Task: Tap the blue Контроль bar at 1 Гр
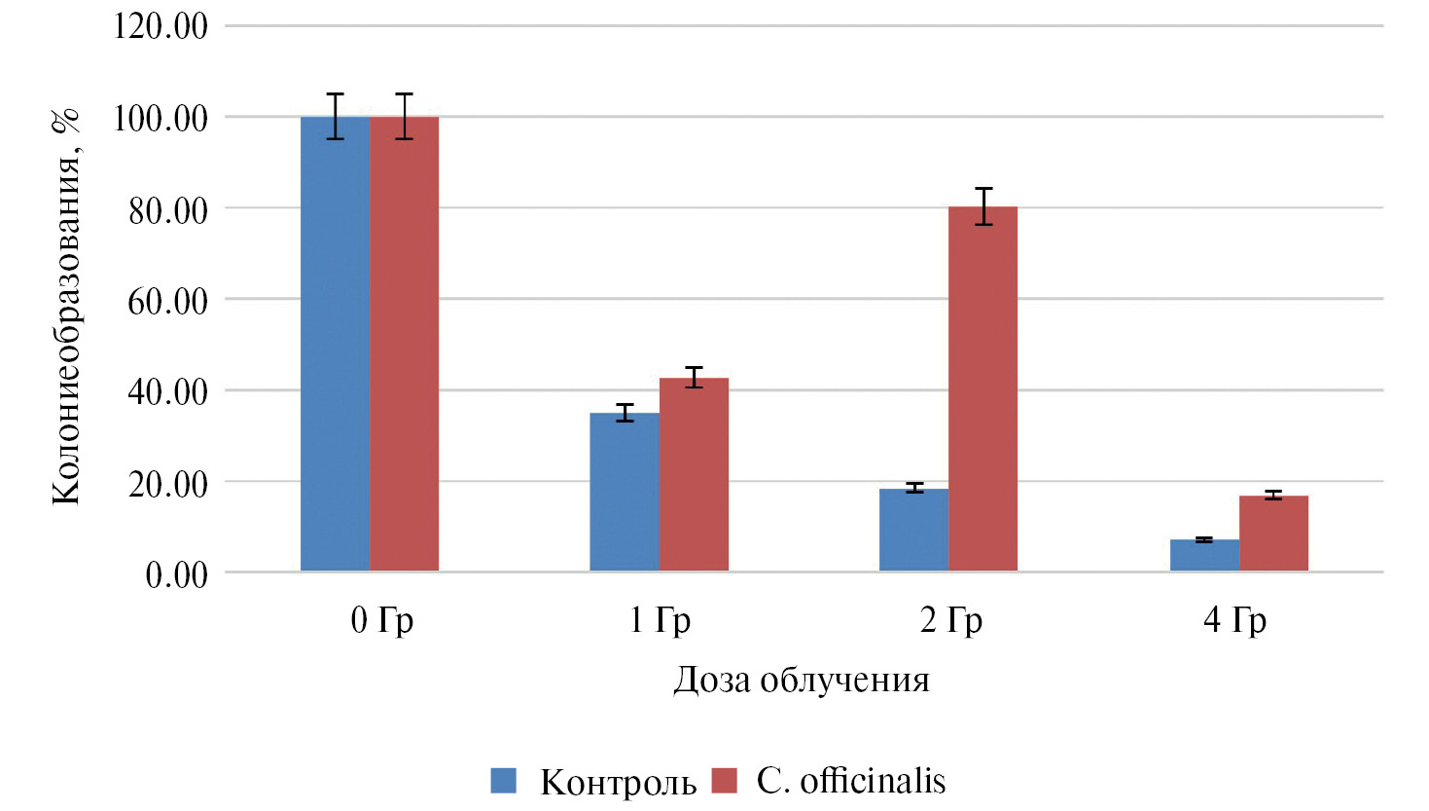click(x=625, y=492)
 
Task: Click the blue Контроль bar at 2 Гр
click(x=913, y=530)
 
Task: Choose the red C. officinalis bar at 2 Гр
click(x=983, y=388)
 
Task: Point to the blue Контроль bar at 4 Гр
click(x=1204, y=555)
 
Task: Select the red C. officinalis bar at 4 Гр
click(x=1273, y=534)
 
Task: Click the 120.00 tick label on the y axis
click(x=161, y=26)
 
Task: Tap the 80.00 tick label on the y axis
click(x=168, y=209)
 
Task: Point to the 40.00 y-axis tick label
click(x=168, y=391)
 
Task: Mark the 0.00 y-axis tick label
click(x=176, y=574)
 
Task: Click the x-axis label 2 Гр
click(x=950, y=620)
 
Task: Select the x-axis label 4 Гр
click(x=1234, y=620)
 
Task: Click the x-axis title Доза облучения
click(x=801, y=680)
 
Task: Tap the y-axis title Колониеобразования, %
click(x=66, y=307)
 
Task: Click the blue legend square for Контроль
click(x=504, y=781)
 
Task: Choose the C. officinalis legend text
click(x=850, y=781)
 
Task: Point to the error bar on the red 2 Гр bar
click(x=983, y=206)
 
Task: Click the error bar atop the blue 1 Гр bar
click(x=625, y=413)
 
